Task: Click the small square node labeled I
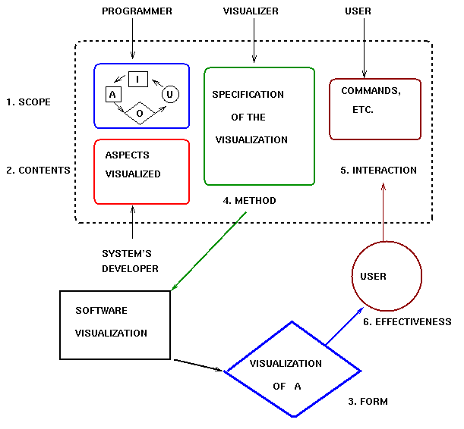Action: click(137, 79)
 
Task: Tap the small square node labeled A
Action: click(112, 94)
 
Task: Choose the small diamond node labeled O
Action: click(140, 112)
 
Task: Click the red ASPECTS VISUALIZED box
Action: click(141, 171)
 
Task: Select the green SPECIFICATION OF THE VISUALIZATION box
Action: click(259, 126)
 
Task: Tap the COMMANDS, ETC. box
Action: click(375, 108)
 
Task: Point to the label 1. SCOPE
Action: click(28, 102)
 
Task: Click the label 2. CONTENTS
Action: click(38, 171)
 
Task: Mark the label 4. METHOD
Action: click(249, 201)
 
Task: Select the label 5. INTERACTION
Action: click(379, 171)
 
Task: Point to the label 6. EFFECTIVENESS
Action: click(407, 322)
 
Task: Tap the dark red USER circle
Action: click(386, 277)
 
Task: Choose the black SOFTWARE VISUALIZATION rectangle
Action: click(115, 324)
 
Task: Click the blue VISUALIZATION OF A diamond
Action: click(294, 370)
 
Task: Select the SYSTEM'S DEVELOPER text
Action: click(131, 261)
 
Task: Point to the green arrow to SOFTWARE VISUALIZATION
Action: click(210, 251)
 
